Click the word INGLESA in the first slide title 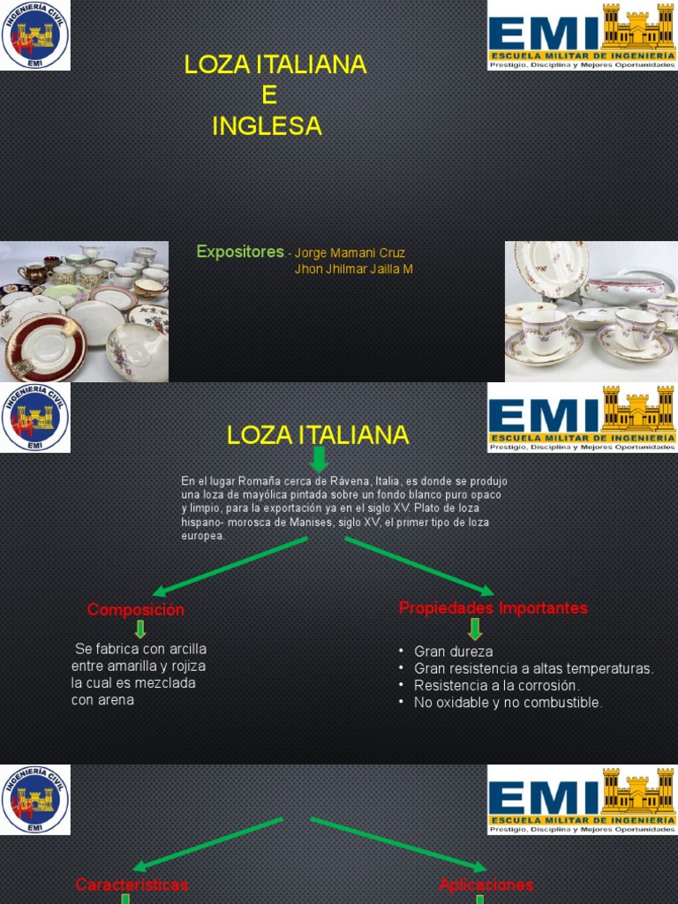267,127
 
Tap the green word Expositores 240,252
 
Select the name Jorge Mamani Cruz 350,253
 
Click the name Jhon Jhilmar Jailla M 353,269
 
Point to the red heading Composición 136,610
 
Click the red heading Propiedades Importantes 493,608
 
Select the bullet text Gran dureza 453,652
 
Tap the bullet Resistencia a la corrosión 496,686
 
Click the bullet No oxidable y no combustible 508,703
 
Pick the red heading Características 132,885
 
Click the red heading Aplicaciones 486,885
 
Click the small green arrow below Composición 139,629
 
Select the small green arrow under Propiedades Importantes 475,629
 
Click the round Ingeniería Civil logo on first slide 34,35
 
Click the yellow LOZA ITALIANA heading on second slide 318,435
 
